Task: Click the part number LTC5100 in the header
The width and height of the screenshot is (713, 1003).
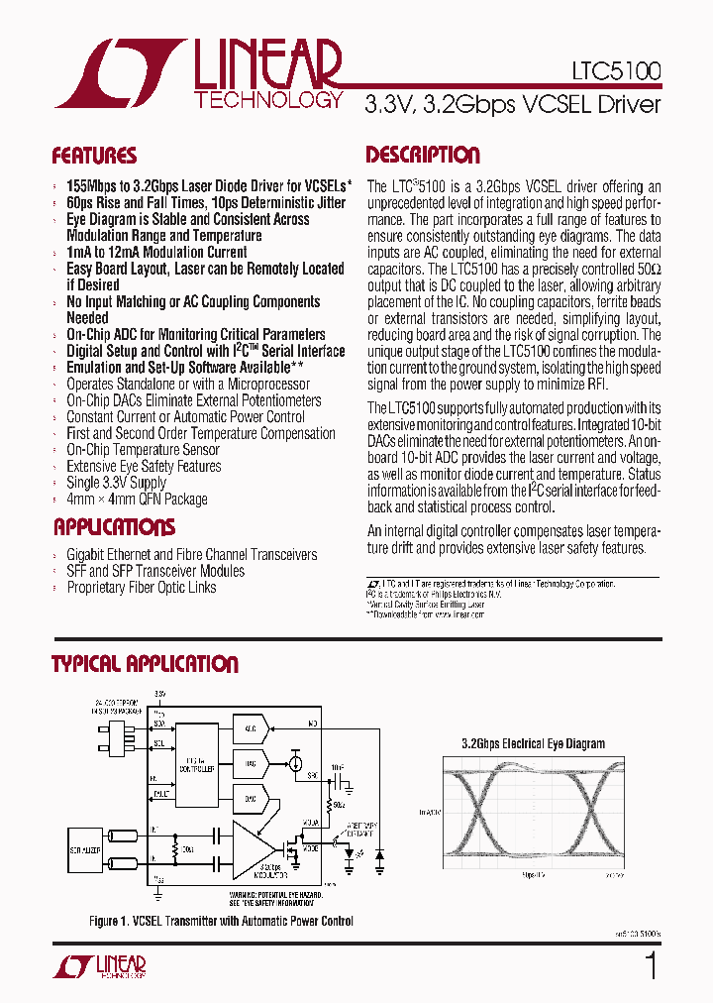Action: tap(616, 71)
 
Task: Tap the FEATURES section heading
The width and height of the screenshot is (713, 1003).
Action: tap(94, 156)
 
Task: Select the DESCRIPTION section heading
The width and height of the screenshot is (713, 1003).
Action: tap(423, 155)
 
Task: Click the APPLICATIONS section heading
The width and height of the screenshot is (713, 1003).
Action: tap(114, 526)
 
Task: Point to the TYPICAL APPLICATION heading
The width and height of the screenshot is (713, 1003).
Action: tap(145, 664)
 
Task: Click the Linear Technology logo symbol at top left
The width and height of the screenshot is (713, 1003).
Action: tap(119, 73)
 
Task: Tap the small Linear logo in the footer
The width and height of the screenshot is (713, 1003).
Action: tap(110, 967)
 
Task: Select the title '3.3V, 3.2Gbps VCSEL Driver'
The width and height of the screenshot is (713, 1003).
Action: tap(512, 105)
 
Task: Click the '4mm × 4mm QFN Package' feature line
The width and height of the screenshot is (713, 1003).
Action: tap(137, 499)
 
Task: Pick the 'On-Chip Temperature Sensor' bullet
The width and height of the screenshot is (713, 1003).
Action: tap(143, 450)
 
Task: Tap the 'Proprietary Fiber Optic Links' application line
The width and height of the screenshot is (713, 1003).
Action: tap(142, 588)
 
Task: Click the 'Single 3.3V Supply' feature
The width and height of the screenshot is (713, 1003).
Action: tap(116, 483)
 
